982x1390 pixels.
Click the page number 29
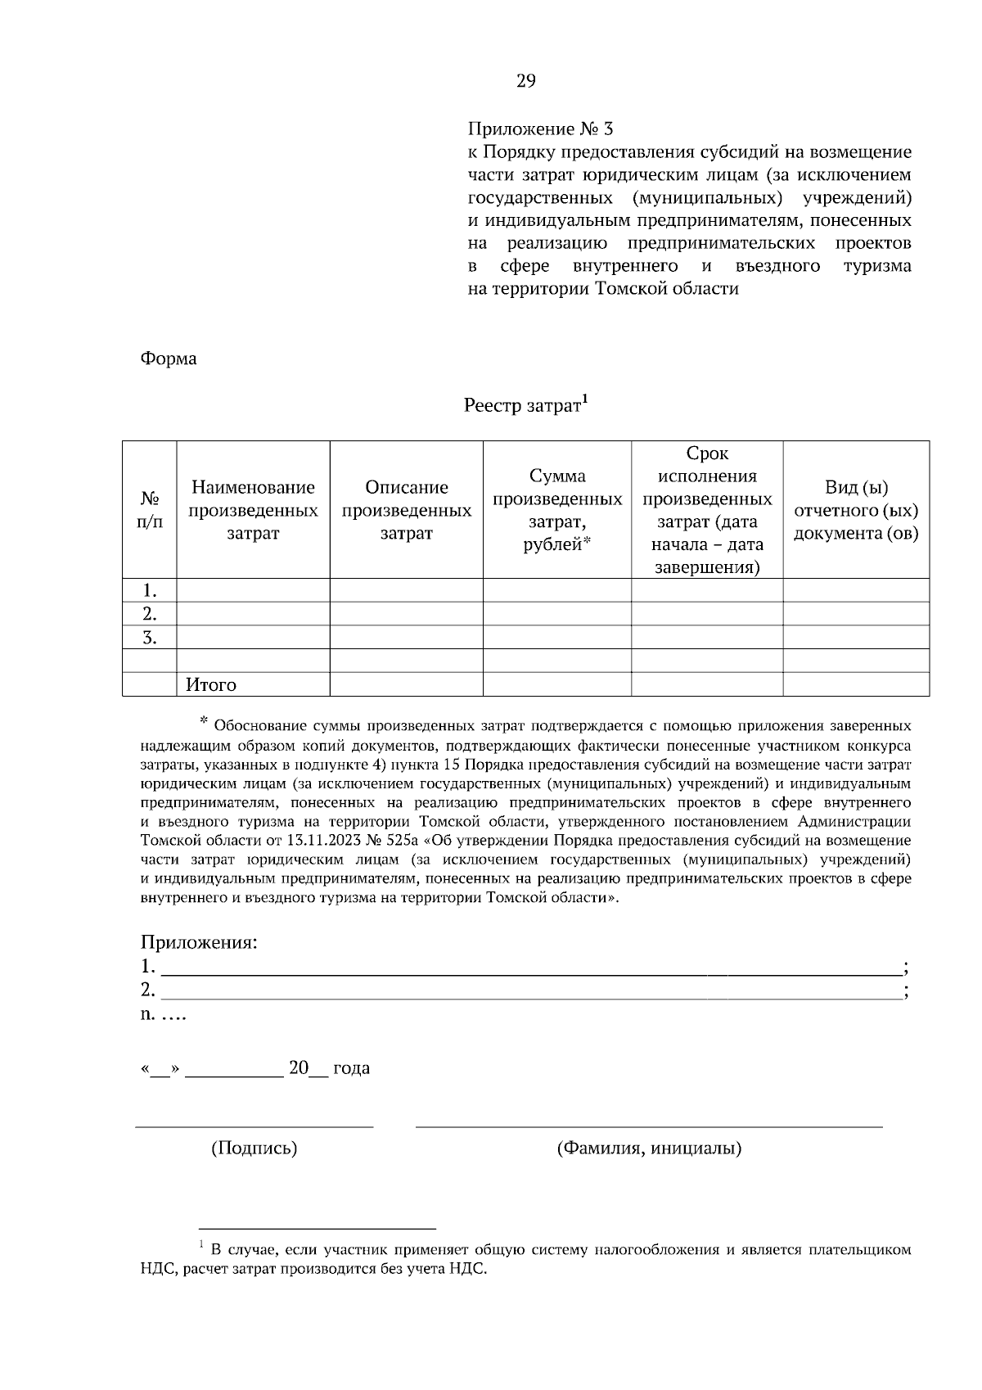(526, 80)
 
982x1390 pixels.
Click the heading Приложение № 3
(540, 129)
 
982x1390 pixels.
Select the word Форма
(169, 359)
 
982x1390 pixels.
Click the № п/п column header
(150, 510)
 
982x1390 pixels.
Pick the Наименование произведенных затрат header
(253, 510)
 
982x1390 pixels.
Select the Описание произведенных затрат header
(406, 510)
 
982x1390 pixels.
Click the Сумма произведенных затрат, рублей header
(557, 510)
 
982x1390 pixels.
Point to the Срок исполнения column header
(707, 510)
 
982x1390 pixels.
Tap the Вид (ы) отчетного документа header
(856, 510)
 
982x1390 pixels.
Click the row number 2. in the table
(149, 614)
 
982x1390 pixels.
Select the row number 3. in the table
(149, 638)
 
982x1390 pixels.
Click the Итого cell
(211, 684)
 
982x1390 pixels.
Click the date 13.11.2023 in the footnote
(319, 841)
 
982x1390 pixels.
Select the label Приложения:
(199, 941)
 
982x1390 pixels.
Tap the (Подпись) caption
(254, 1148)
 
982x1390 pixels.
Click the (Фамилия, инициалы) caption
(649, 1148)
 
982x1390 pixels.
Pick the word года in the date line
(351, 1068)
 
